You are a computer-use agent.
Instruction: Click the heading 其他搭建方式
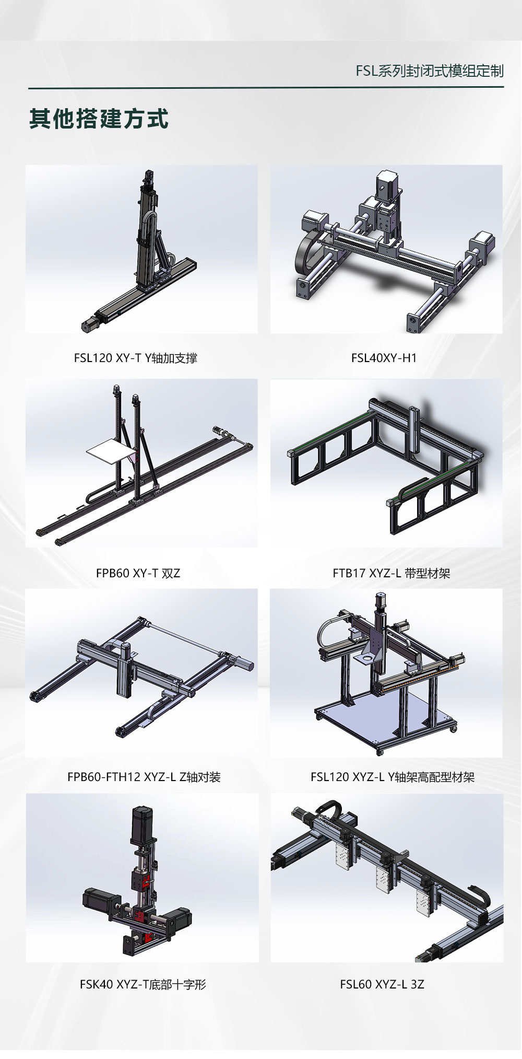pyautogui.click(x=99, y=119)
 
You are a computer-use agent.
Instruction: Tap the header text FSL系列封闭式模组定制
pyautogui.click(x=430, y=71)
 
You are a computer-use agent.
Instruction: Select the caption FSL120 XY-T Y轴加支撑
pyautogui.click(x=136, y=358)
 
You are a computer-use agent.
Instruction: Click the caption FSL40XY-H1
pyautogui.click(x=384, y=358)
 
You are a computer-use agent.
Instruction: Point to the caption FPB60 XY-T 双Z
pyautogui.click(x=138, y=573)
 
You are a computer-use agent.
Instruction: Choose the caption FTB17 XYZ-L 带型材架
pyautogui.click(x=391, y=573)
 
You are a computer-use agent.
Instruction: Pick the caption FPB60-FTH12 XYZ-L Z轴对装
pyautogui.click(x=144, y=777)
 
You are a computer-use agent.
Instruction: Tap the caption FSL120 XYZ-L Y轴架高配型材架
pyautogui.click(x=393, y=777)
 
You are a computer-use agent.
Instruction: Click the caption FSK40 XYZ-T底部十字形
pyautogui.click(x=143, y=984)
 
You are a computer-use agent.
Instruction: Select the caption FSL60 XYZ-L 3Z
pyautogui.click(x=382, y=984)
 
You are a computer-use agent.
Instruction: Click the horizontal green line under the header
pyautogui.click(x=266, y=87)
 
